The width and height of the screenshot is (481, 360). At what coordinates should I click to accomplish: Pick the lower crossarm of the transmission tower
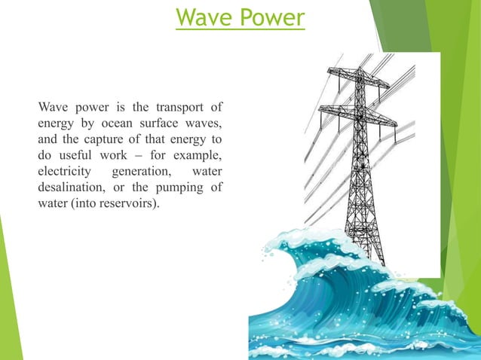tap(357, 113)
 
